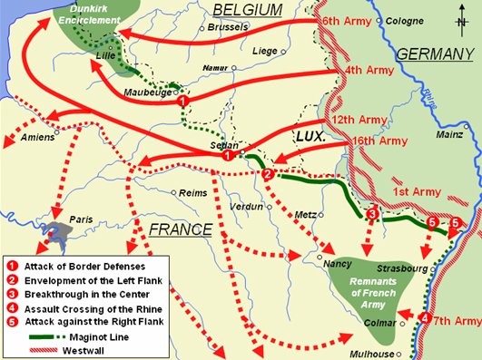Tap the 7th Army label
(x=457, y=321)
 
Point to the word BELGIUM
(x=242, y=10)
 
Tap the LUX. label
(x=310, y=134)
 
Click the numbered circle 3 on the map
(x=371, y=214)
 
